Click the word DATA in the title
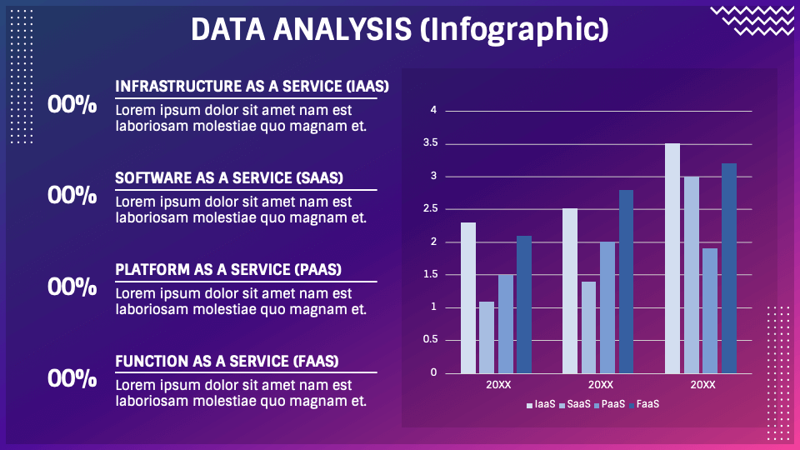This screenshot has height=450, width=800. pyautogui.click(x=228, y=29)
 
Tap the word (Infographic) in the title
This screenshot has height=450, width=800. pyautogui.click(x=514, y=31)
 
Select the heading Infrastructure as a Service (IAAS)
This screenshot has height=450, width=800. pyautogui.click(x=252, y=86)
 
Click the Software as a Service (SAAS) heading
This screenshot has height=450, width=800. pyautogui.click(x=229, y=178)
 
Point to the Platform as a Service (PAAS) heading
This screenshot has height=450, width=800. pyautogui.click(x=228, y=269)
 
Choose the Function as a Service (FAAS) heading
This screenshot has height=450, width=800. pyautogui.click(x=227, y=361)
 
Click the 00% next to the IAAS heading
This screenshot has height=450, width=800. pyautogui.click(x=72, y=105)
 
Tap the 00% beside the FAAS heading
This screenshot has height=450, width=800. pyautogui.click(x=72, y=378)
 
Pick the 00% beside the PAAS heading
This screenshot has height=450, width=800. pyautogui.click(x=72, y=287)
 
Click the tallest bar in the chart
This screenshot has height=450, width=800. pyautogui.click(x=672, y=258)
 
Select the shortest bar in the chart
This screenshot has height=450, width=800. pyautogui.click(x=487, y=337)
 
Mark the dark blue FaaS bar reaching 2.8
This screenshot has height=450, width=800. pyautogui.click(x=626, y=282)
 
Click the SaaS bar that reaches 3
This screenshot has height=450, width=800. pyautogui.click(x=692, y=275)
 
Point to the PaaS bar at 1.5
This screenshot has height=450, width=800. pyautogui.click(x=506, y=324)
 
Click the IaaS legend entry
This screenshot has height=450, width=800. pyautogui.click(x=541, y=405)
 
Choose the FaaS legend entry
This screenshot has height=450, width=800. pyautogui.click(x=644, y=405)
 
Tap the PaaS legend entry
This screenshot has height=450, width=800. pyautogui.click(x=610, y=405)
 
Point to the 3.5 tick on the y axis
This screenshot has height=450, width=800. pyautogui.click(x=431, y=142)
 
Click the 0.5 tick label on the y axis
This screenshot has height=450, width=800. pyautogui.click(x=431, y=340)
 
